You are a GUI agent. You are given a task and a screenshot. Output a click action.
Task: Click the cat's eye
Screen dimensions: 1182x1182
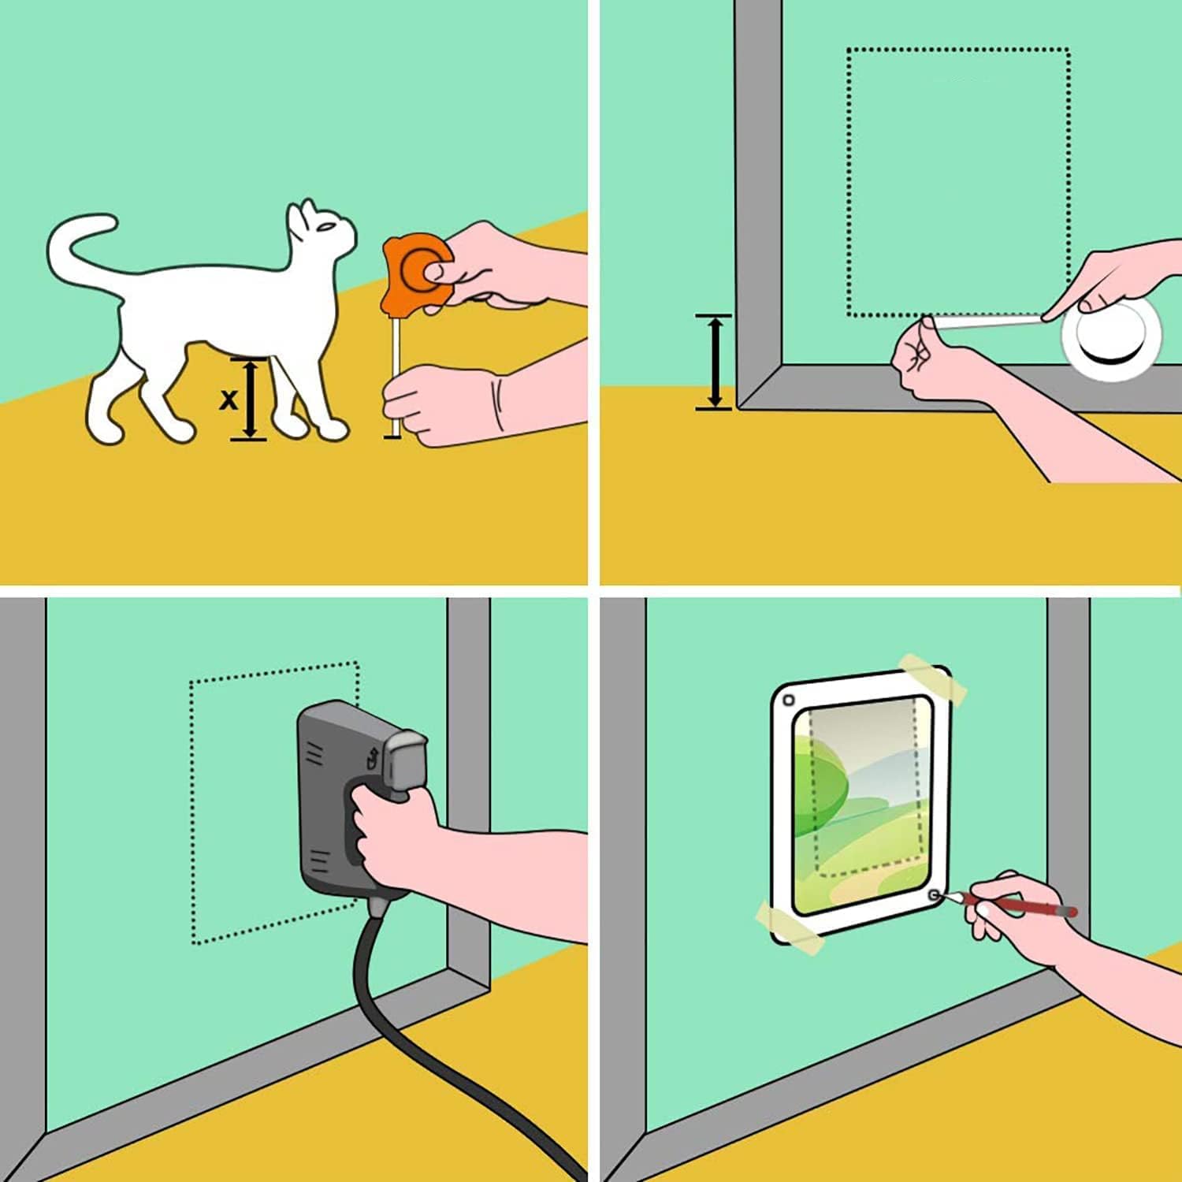(x=325, y=227)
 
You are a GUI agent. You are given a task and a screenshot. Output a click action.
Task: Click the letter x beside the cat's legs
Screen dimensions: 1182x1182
(x=228, y=400)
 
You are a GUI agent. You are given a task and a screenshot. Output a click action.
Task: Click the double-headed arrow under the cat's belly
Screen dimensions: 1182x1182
(x=249, y=398)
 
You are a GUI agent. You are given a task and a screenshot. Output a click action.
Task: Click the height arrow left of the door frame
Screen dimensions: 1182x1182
(x=714, y=362)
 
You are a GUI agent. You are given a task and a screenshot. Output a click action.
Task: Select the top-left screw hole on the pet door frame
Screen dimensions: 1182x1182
(x=789, y=701)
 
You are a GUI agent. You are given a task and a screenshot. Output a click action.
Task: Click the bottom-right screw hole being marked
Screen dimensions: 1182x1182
(x=935, y=895)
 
